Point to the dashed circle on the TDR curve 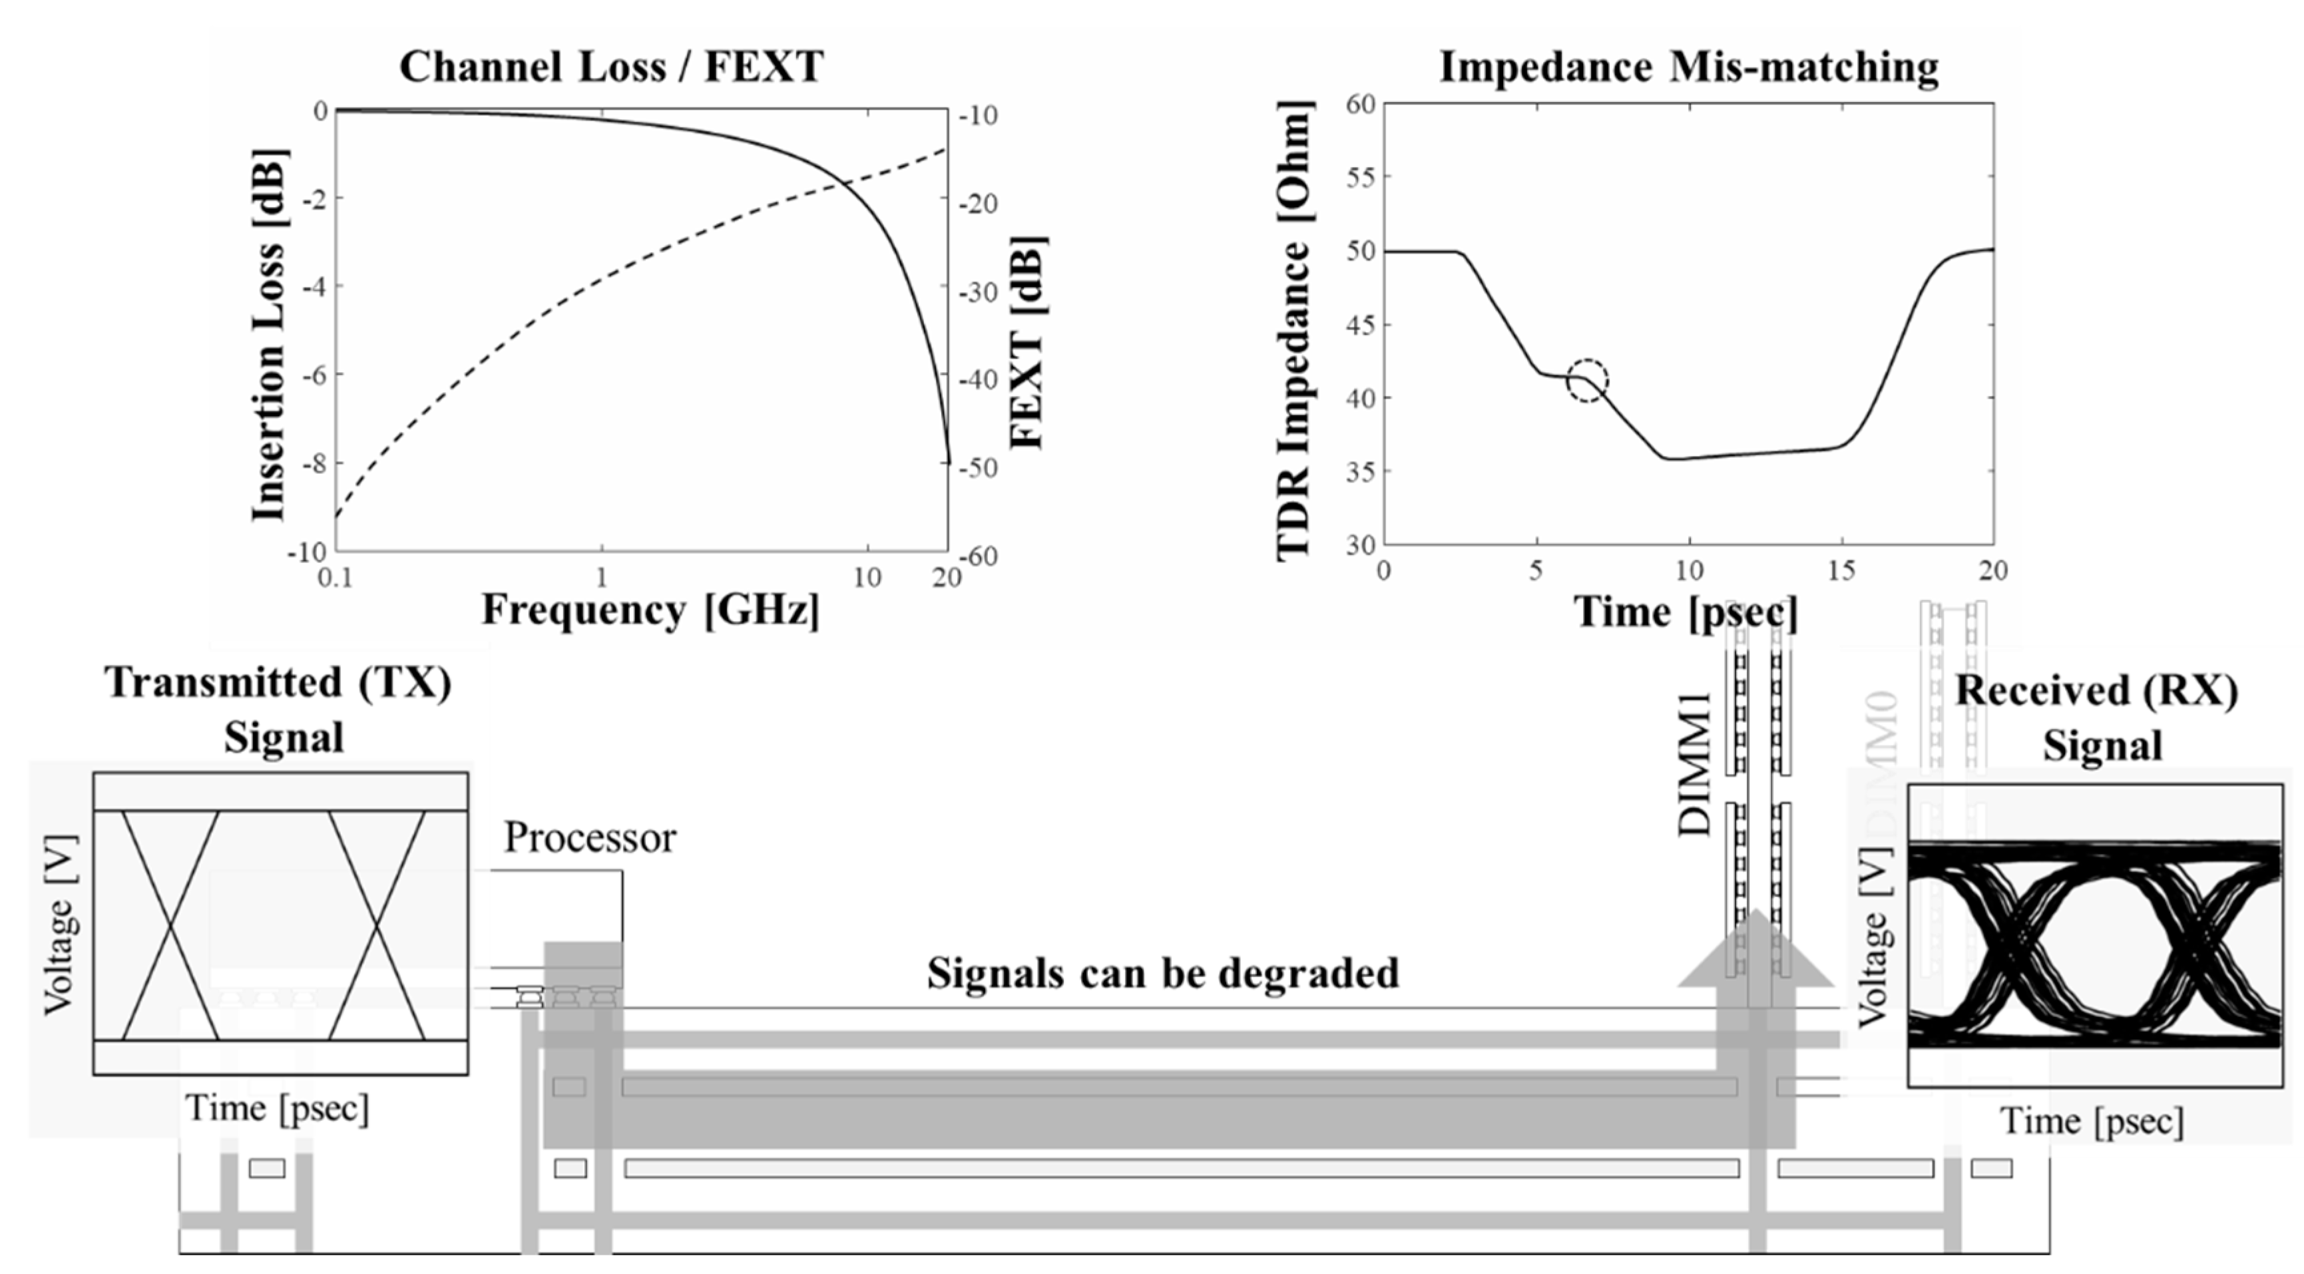1588,380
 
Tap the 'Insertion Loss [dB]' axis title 268,335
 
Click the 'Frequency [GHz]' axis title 650,610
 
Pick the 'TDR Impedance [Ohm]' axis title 1293,331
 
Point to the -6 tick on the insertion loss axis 314,375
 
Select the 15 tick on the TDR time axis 1841,570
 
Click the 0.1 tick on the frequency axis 336,578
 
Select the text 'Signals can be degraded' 1163,972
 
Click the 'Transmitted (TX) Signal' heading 279,710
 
